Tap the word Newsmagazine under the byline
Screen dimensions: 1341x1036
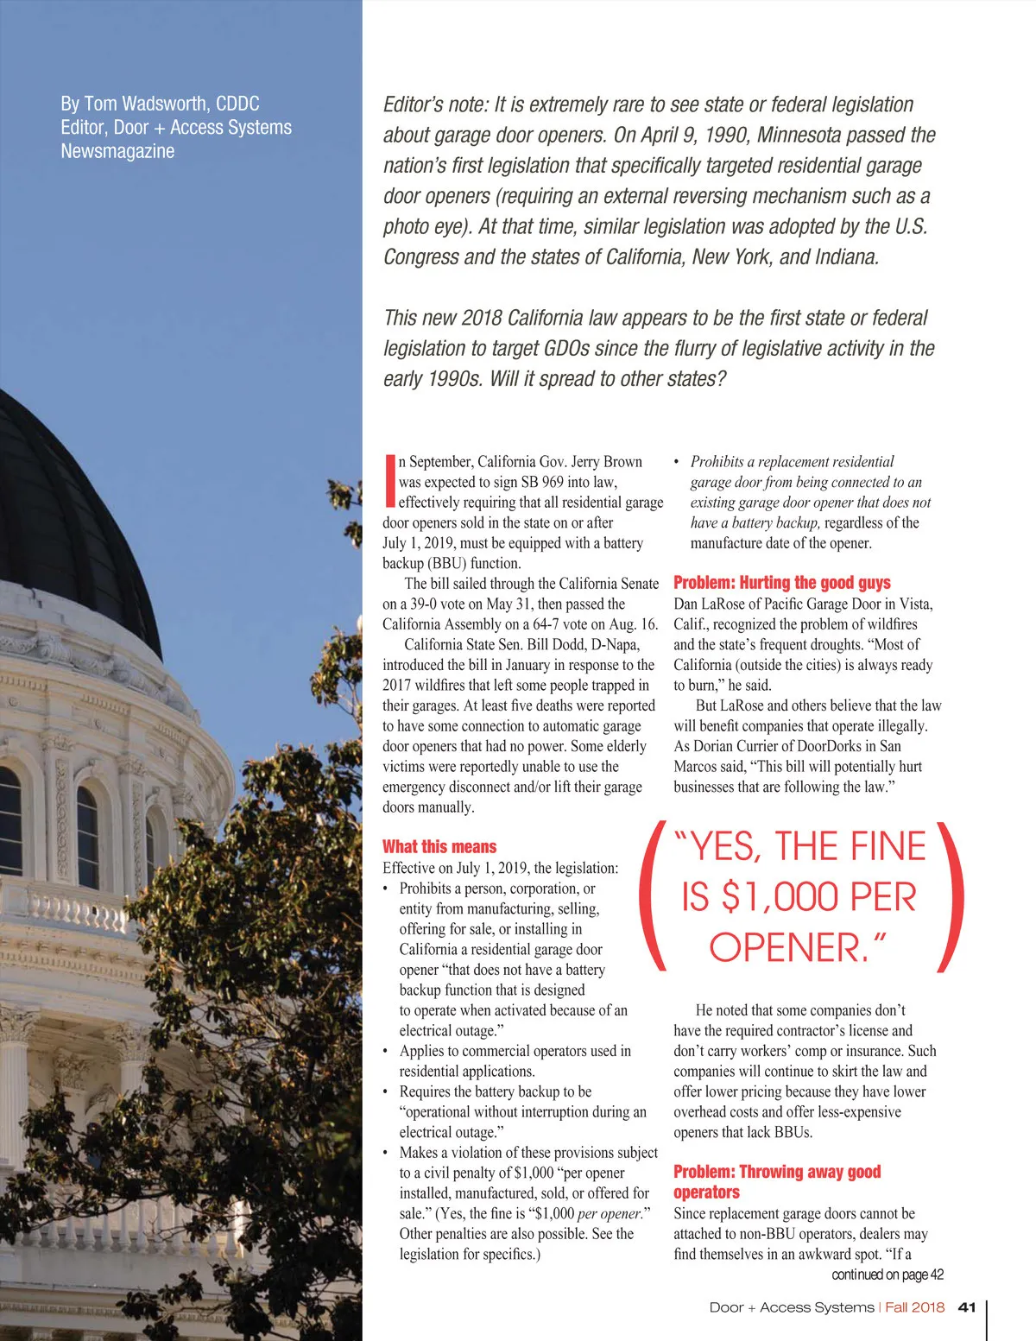coord(117,151)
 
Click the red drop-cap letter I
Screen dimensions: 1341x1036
coord(389,481)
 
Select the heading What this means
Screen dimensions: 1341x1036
coord(439,846)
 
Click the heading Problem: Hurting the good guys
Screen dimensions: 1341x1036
coord(781,582)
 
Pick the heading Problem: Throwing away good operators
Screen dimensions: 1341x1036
coord(776,1181)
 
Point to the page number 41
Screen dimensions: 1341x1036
coord(967,1307)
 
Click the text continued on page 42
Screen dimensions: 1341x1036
coord(887,1275)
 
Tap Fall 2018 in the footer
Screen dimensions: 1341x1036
coord(914,1307)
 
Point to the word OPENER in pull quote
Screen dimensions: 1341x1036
coord(786,947)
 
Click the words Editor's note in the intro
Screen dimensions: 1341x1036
coord(435,104)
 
